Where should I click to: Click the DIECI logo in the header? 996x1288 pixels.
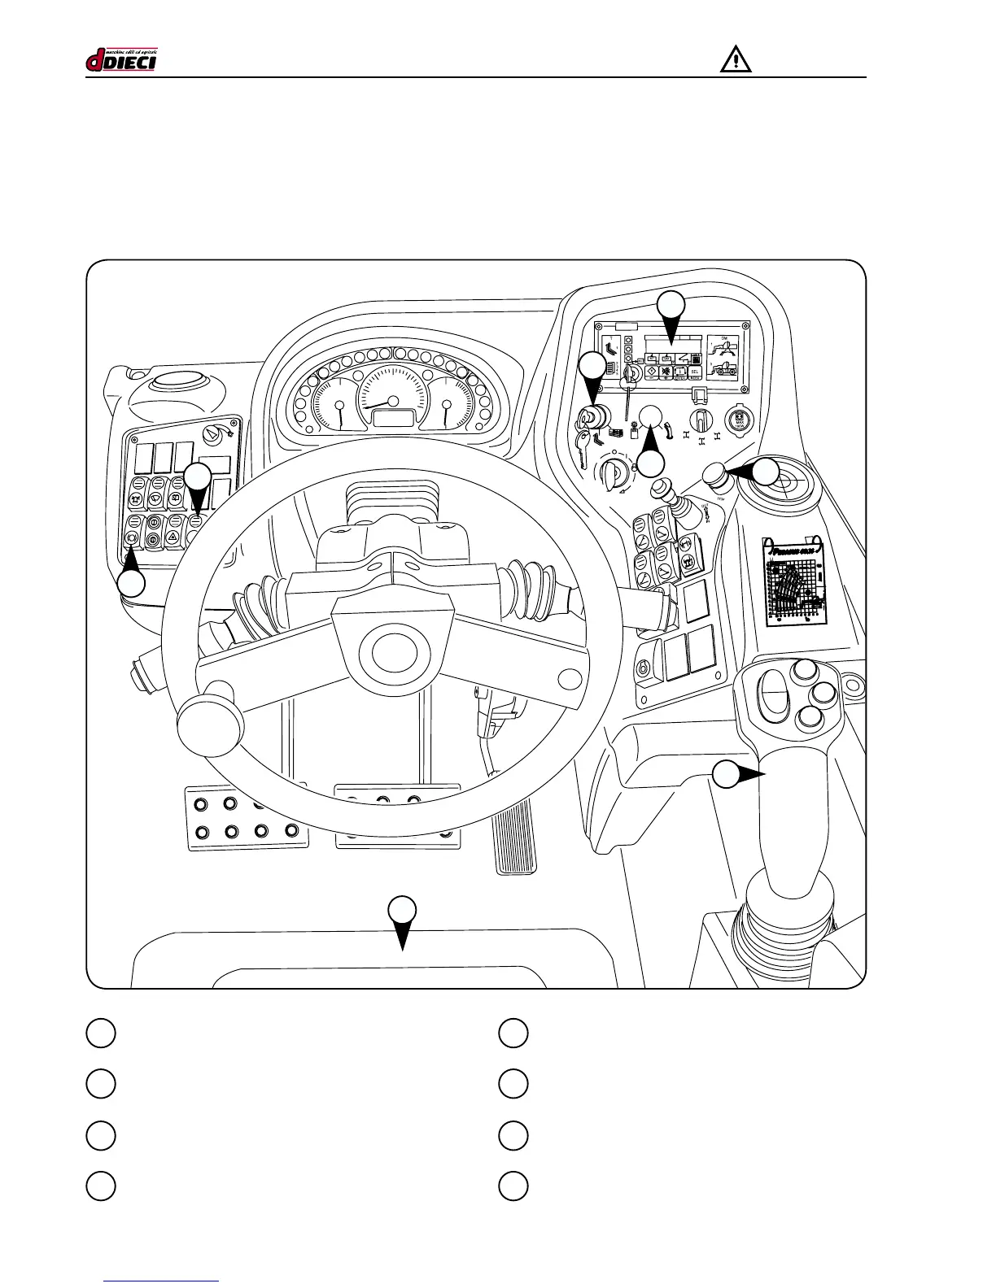[x=121, y=60]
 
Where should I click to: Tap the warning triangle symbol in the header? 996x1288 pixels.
[x=735, y=60]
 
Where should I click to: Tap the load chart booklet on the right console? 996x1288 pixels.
[x=795, y=581]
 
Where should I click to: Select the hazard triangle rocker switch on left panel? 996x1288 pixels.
[x=173, y=537]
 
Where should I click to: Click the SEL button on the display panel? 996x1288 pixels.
[x=695, y=372]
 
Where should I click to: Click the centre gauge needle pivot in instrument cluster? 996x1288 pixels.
[x=393, y=401]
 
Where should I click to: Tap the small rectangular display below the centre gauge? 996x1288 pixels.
[x=393, y=418]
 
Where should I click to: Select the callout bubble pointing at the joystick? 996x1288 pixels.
[x=726, y=775]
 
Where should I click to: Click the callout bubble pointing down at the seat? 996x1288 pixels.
[x=401, y=910]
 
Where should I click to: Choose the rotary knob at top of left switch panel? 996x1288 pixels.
[x=212, y=436]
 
